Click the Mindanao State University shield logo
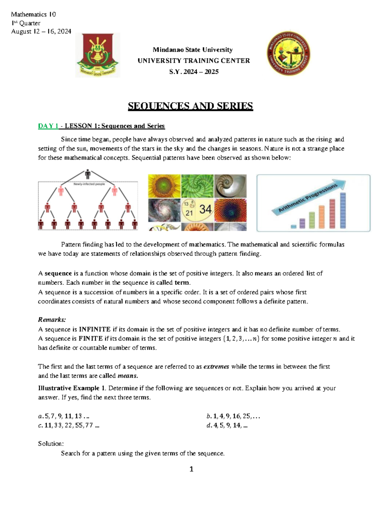[97, 55]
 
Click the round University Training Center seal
[288, 54]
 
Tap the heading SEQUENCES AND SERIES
[190, 106]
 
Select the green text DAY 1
[48, 126]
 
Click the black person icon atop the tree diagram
[88, 174]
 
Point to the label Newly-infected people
[89, 184]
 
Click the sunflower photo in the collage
[164, 186]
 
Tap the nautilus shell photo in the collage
[230, 186]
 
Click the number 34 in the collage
[205, 209]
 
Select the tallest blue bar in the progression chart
[343, 210]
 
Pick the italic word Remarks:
[52, 319]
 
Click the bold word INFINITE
[95, 329]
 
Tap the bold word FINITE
[91, 339]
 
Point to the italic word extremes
[216, 366]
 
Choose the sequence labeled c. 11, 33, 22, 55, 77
[69, 425]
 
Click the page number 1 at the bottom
[191, 469]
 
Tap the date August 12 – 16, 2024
[41, 32]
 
